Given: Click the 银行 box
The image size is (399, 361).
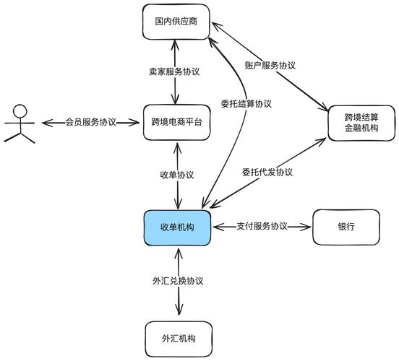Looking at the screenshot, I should click(346, 227).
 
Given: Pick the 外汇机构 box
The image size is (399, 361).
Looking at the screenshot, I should click(176, 337).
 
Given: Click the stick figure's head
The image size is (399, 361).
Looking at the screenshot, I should click(20, 111).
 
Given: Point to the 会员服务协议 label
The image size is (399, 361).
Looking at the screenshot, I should click(90, 122).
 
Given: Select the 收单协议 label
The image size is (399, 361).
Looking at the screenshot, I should click(176, 175).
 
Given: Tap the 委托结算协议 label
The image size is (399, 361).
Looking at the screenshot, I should click(246, 103).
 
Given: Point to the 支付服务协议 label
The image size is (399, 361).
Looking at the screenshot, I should click(262, 227).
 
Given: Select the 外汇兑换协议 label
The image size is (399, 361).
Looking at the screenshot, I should click(177, 280).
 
